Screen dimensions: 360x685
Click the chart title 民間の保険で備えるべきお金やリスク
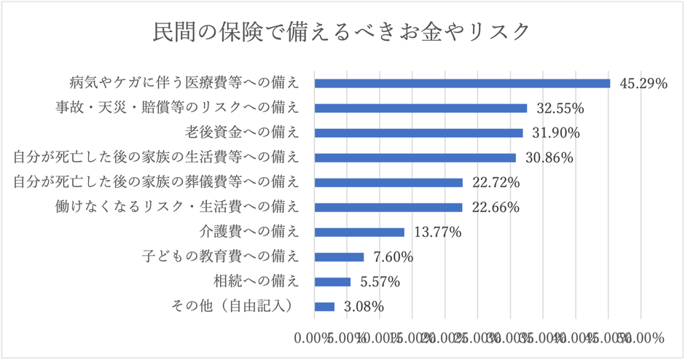coord(342,32)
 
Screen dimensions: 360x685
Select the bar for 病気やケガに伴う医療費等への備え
coord(462,83)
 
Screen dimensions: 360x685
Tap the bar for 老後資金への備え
coord(418,133)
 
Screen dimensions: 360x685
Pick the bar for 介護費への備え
coord(359,232)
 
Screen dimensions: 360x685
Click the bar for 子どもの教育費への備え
coord(339,257)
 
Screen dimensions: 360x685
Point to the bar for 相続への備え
coord(332,282)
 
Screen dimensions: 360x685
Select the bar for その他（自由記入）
coord(324,307)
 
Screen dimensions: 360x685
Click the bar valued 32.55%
coord(420,108)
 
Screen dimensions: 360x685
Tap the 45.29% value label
coord(643,84)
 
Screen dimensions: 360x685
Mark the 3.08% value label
coord(363,308)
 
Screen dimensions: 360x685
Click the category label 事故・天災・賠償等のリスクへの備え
coord(177,108)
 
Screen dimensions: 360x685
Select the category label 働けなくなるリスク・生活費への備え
coord(177,207)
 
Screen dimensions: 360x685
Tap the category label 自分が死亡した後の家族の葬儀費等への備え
coord(156,182)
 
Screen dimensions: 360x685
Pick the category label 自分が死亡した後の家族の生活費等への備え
coord(156,157)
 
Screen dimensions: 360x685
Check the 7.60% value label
coord(393,257)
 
